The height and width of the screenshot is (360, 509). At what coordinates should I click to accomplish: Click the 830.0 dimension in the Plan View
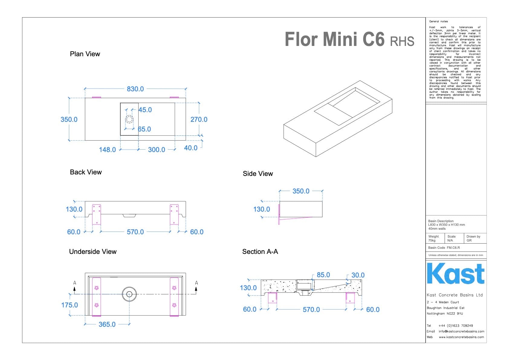click(135, 89)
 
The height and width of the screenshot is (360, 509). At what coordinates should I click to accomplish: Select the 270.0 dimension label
click(199, 119)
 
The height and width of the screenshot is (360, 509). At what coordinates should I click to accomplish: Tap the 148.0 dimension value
click(107, 150)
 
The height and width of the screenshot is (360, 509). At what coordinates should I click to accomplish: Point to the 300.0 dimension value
click(157, 150)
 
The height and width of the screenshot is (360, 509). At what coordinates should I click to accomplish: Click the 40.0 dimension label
click(191, 148)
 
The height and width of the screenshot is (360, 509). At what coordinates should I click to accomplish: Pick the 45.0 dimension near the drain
click(145, 110)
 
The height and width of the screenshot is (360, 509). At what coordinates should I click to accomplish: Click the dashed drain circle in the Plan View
click(129, 119)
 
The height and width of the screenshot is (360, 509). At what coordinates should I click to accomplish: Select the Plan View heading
click(85, 54)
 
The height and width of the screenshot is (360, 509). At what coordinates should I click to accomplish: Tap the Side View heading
click(258, 174)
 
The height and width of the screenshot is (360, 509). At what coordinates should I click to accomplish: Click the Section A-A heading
click(260, 251)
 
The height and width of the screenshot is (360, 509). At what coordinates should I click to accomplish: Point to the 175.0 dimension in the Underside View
click(70, 305)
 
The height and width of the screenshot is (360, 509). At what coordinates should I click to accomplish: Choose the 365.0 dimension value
click(107, 324)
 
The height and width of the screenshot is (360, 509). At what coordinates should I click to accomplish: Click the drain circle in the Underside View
click(129, 294)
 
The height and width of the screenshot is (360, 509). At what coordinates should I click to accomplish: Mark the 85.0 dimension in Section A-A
click(323, 275)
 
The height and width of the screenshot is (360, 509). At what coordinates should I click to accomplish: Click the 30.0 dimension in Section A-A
click(358, 275)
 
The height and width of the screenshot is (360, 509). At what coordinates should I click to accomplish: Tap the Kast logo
click(456, 274)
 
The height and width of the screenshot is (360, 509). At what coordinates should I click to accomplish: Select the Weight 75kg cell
click(434, 238)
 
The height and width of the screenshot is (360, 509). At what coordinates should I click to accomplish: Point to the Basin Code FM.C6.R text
click(444, 248)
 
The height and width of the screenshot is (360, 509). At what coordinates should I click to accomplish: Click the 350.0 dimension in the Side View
click(301, 191)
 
